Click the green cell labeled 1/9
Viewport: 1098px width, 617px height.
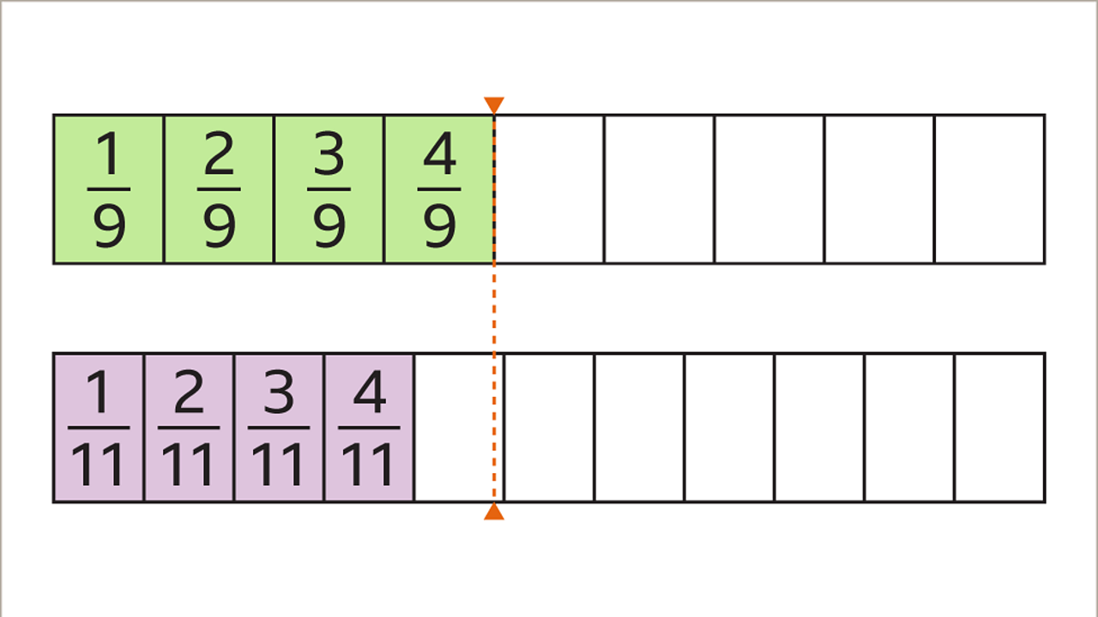[x=109, y=189]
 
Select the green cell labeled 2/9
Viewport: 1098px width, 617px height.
[x=219, y=189]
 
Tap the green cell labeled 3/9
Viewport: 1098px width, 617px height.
[x=329, y=189]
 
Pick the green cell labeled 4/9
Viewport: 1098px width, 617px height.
[x=438, y=189]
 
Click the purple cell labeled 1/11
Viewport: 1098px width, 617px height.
[x=99, y=428]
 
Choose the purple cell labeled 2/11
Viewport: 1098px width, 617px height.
[x=189, y=428]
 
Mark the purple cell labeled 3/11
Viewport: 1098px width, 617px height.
[x=279, y=428]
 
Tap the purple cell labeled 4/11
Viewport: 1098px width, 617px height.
[x=369, y=428]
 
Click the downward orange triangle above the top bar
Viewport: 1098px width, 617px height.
[x=494, y=105]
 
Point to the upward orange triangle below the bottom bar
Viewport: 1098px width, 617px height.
[x=494, y=512]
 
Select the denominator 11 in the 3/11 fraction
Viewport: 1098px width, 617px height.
[x=279, y=464]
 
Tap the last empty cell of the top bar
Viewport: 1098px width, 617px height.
[x=989, y=189]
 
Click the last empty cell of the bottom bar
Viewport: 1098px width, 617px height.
[x=999, y=428]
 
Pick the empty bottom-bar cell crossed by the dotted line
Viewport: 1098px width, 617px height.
[x=458, y=428]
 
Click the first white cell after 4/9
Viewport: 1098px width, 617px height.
[x=549, y=189]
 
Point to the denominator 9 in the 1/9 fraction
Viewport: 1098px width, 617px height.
[x=109, y=225]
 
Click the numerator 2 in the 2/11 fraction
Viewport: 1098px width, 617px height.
[x=189, y=393]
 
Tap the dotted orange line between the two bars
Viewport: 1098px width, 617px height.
[x=494, y=308]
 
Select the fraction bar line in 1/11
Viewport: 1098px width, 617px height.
[x=99, y=427]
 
